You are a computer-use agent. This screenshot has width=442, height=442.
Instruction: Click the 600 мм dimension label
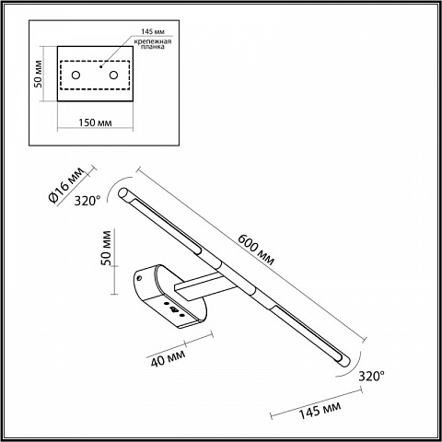pos(256,250)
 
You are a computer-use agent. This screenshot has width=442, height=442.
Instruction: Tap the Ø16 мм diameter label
pos(66,184)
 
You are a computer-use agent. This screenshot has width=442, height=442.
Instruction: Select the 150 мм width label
pos(95,122)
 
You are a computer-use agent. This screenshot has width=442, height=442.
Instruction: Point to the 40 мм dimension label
pos(168,357)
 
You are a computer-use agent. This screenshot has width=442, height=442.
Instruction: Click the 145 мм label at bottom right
pos(320,410)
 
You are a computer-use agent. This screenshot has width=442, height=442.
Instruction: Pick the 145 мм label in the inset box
pos(153,31)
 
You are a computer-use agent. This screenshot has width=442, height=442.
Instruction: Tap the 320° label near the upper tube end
pos(87,201)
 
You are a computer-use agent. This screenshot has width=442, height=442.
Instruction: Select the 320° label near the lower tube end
pos(372,376)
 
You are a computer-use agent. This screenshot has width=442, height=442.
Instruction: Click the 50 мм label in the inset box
pos(38,74)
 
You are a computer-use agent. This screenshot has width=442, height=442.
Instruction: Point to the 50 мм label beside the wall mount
pos(106,248)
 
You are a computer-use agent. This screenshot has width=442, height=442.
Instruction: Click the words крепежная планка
pos(153,44)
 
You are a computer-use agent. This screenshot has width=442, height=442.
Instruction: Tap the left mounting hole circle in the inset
pos(76,75)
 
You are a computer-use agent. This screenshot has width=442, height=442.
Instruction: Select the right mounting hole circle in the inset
pos(113,75)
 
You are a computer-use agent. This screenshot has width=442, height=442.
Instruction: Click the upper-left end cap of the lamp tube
pos(123,192)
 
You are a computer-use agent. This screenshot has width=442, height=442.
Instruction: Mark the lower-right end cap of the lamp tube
pos(344,359)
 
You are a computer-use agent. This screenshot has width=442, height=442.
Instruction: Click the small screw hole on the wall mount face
pos(140,278)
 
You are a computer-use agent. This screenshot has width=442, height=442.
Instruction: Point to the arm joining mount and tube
pos(204,285)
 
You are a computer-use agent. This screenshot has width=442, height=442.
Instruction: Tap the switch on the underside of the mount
pos(174,309)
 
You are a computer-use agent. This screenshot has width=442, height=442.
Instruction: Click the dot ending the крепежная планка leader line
pos(100,66)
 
